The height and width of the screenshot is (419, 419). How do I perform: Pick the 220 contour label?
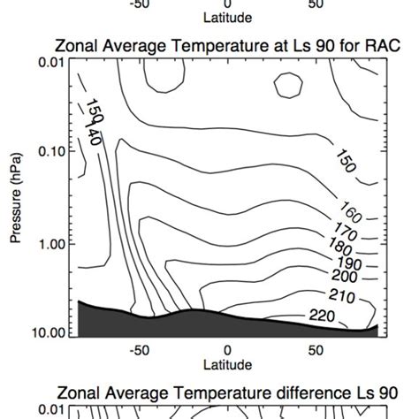324,316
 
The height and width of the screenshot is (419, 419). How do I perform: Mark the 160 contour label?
353,215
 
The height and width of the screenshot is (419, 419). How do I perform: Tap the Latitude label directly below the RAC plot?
227,364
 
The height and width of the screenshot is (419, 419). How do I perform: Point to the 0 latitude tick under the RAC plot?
227,350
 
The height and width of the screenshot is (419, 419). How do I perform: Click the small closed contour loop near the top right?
288,85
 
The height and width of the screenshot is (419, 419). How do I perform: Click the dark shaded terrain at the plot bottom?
133,324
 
